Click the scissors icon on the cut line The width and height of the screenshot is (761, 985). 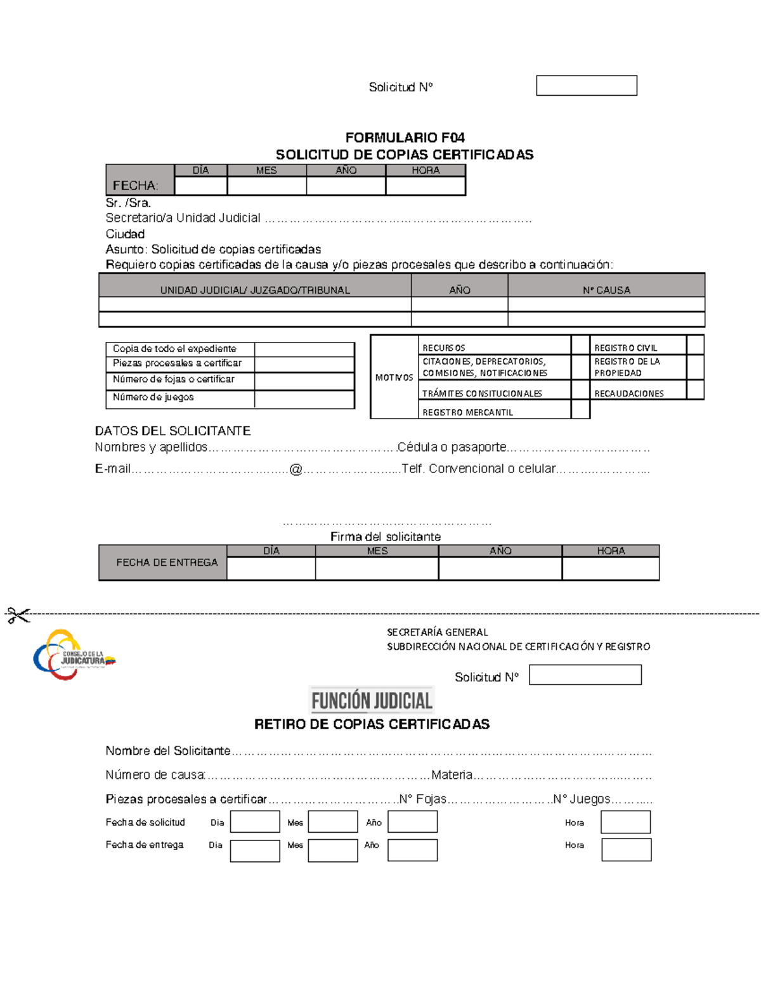pos(18,615)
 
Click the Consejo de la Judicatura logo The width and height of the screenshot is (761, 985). pos(73,655)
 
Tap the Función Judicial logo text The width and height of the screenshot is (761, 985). pos(372,700)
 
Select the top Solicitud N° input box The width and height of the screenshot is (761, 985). pos(586,86)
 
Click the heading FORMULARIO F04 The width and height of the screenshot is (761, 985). pos(405,138)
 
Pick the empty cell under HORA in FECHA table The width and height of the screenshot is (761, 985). pos(426,186)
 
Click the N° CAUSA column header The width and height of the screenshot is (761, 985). pos(606,290)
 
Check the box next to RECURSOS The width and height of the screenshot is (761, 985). pos(580,345)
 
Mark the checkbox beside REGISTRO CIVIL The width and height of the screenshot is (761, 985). pos(695,345)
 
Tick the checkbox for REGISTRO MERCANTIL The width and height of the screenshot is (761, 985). pos(580,410)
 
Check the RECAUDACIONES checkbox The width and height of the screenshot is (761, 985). pos(695,390)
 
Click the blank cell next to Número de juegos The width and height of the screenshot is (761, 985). pos(304,399)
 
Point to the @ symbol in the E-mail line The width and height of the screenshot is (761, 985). pos(296,469)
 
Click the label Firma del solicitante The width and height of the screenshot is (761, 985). pos(385,537)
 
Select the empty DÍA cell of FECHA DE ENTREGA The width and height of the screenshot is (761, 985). pos(271,568)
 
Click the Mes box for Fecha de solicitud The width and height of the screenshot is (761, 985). pos(333,821)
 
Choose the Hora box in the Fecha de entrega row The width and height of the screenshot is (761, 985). pos(626,850)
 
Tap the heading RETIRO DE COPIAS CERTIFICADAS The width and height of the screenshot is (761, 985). pos(372,724)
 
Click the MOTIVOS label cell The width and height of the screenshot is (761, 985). pos(394,377)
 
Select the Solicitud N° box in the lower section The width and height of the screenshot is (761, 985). pos(585,675)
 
